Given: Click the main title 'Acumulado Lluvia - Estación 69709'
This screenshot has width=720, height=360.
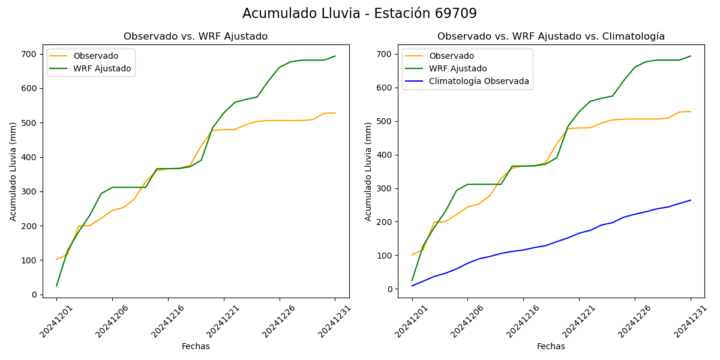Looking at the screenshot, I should tap(359, 14).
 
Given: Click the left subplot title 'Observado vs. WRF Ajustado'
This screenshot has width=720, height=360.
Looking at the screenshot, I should tap(196, 37).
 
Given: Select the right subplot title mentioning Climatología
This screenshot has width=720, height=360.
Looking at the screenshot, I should tap(551, 37).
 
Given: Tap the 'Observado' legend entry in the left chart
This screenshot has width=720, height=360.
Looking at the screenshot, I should tap(96, 56).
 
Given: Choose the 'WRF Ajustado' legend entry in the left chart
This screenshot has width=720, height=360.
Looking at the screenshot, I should tap(102, 68).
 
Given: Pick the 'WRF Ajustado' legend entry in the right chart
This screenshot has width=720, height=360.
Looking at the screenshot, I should tap(457, 68).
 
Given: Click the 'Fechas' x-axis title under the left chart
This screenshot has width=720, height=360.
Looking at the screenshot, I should tap(196, 346).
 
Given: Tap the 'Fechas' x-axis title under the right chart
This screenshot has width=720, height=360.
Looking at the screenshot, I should tap(551, 346).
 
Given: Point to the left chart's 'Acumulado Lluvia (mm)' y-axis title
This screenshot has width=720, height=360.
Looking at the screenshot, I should tap(13, 171).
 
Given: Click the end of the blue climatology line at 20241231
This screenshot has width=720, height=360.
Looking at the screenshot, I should tap(691, 200).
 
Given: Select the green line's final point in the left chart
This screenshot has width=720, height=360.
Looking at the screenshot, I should tap(335, 56).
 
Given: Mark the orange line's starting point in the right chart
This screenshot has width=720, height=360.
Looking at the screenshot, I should tap(412, 254).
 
